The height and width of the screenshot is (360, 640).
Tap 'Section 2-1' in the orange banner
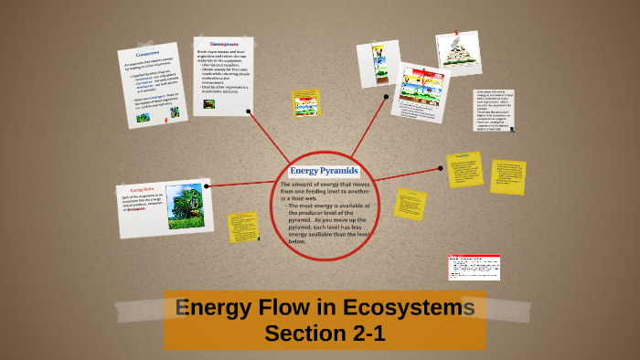click(325, 334)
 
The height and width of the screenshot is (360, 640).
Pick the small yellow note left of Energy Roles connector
click(242, 227)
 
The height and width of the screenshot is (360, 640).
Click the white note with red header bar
click(474, 267)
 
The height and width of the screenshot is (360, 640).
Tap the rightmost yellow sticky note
click(507, 176)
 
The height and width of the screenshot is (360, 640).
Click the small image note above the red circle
click(305, 102)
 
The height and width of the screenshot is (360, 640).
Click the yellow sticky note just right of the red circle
click(410, 204)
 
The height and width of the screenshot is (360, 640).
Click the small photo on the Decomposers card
click(209, 103)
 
